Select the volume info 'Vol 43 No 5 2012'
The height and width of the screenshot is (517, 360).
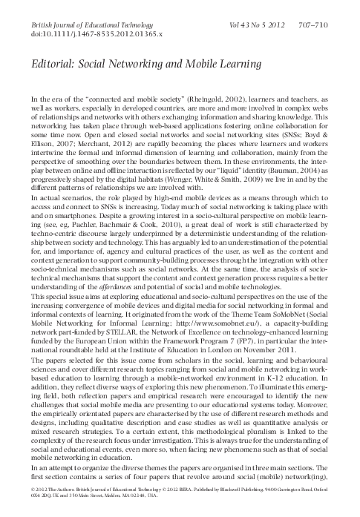pyautogui.click(x=255, y=24)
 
